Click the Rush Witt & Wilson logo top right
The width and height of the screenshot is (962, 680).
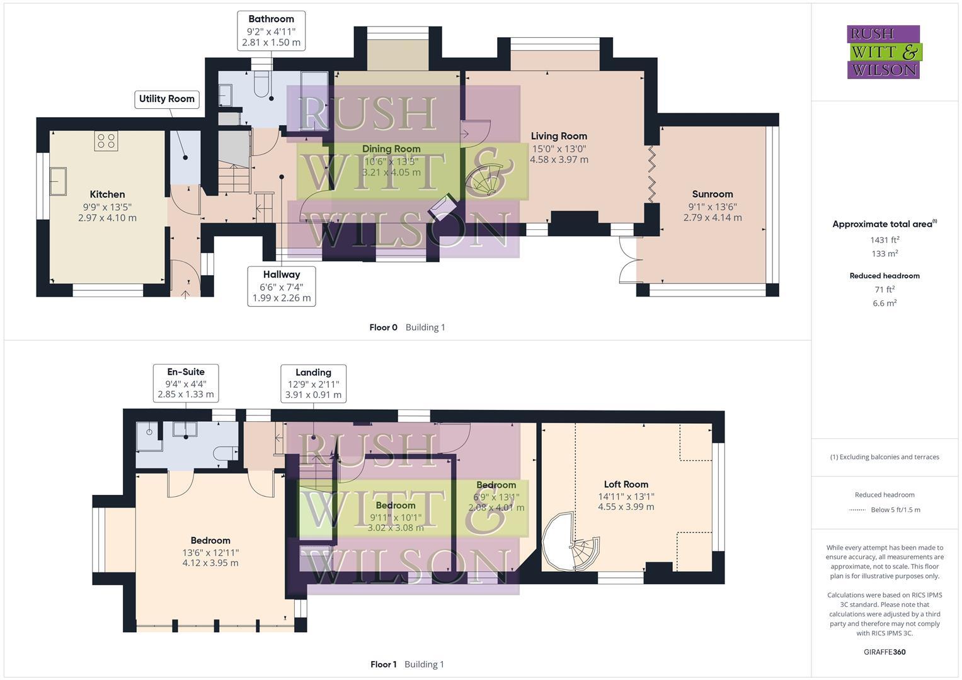click(883, 52)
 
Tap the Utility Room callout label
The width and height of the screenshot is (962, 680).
click(167, 99)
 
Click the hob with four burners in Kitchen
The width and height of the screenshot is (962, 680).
click(106, 141)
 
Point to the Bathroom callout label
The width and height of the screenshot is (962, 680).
click(271, 19)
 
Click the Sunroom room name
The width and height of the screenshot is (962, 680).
click(713, 194)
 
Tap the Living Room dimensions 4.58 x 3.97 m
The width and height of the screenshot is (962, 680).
click(559, 160)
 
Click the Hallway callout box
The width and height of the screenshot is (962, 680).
click(282, 286)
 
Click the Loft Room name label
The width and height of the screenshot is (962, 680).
click(626, 484)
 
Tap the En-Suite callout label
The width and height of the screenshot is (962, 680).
click(186, 371)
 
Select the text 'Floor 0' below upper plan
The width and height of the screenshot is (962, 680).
click(383, 327)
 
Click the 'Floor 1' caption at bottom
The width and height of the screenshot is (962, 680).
click(383, 664)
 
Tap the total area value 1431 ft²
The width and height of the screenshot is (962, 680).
click(885, 239)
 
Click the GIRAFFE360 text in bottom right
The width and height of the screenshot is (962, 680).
click(884, 652)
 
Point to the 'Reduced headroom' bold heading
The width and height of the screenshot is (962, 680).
click(884, 276)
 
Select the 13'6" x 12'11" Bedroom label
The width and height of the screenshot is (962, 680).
click(210, 552)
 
